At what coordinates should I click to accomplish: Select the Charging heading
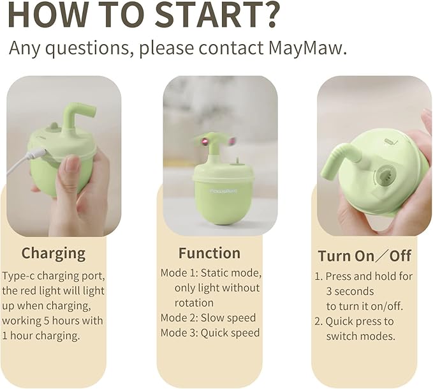point(54,253)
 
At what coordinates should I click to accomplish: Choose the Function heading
point(209,253)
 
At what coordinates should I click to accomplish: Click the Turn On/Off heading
point(365,256)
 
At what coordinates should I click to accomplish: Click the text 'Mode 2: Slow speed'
point(208,318)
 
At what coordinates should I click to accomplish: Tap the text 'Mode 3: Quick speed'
point(210,333)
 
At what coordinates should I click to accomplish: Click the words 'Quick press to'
point(360,321)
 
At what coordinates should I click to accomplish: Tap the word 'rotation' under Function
point(194,303)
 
